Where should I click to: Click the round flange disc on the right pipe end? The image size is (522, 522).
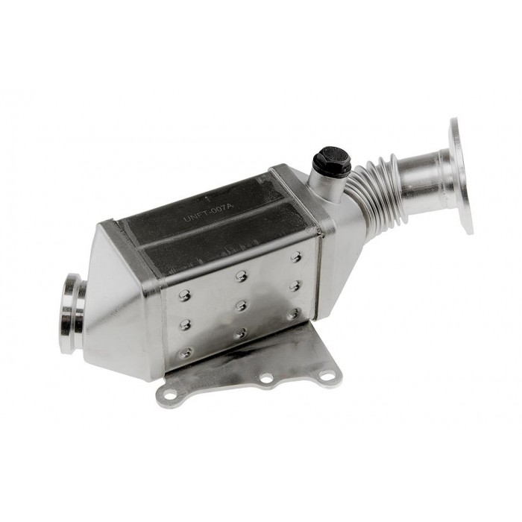pyautogui.click(x=461, y=176)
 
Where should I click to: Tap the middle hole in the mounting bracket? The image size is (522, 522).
pyautogui.click(x=265, y=380)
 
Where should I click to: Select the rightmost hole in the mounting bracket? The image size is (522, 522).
pyautogui.click(x=327, y=374)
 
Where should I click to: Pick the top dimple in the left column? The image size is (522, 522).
pyautogui.click(x=184, y=295)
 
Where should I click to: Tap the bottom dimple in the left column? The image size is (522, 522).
pyautogui.click(x=186, y=352)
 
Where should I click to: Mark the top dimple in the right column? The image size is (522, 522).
pyautogui.click(x=295, y=257)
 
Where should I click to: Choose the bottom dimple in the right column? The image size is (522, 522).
pyautogui.click(x=294, y=314)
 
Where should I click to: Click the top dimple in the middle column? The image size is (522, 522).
pyautogui.click(x=240, y=277)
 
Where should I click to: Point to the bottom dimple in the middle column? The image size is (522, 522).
pyautogui.click(x=240, y=333)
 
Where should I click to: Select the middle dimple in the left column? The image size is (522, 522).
pyautogui.click(x=185, y=324)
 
